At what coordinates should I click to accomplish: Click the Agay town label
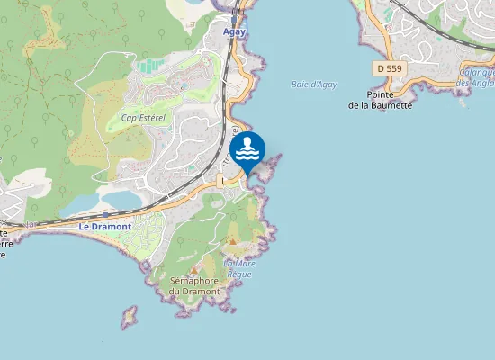click(x=234, y=31)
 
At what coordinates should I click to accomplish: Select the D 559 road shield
click(x=389, y=67)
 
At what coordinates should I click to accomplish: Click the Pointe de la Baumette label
click(x=380, y=100)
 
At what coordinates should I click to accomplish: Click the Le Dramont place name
click(x=104, y=227)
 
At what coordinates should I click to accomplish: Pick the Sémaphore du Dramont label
click(x=194, y=285)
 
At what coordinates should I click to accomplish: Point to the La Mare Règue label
click(x=238, y=268)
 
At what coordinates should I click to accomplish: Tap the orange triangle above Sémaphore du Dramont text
click(x=193, y=269)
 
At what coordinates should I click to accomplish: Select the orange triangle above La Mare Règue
click(x=232, y=241)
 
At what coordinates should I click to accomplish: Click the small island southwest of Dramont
click(x=130, y=316)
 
